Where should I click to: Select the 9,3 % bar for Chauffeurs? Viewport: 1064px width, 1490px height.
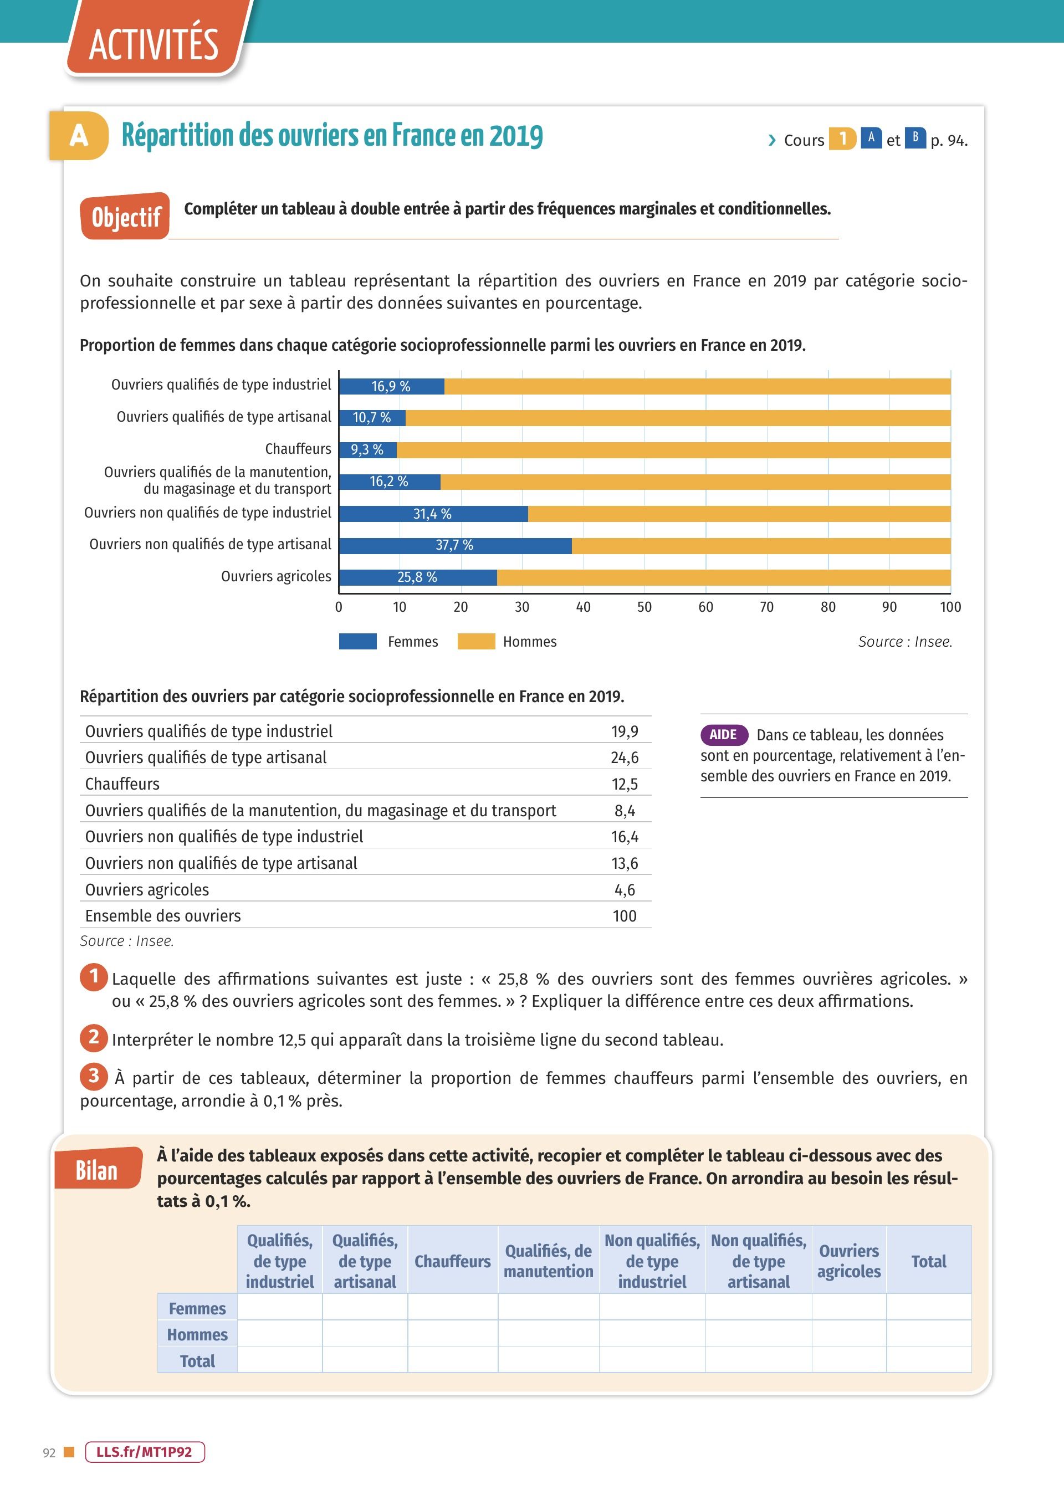point(367,450)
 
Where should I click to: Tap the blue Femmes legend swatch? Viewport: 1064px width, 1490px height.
point(358,641)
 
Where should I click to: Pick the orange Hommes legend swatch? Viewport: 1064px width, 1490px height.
point(477,641)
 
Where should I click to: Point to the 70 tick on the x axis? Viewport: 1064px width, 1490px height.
point(766,607)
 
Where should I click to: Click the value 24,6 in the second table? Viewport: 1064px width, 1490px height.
point(625,758)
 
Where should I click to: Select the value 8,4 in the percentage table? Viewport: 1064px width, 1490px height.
point(625,811)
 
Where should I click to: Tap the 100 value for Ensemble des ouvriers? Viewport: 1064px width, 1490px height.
point(625,916)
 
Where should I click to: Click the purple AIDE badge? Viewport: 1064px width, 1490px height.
point(724,735)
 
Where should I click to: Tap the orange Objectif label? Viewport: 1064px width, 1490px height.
point(125,216)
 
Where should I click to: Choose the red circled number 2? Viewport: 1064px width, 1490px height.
point(94,1037)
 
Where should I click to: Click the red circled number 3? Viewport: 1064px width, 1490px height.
point(94,1076)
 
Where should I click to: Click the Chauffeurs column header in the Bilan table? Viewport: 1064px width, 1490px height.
point(453,1261)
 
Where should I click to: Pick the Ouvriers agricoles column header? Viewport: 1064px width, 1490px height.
point(849,1261)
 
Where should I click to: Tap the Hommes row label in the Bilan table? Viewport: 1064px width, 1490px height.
point(197,1335)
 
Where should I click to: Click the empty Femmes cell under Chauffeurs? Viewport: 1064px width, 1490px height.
point(453,1307)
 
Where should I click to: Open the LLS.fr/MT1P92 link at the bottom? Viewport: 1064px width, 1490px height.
point(145,1452)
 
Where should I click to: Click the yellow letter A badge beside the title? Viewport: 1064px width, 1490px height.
point(79,136)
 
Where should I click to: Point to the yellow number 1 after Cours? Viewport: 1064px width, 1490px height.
point(842,139)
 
